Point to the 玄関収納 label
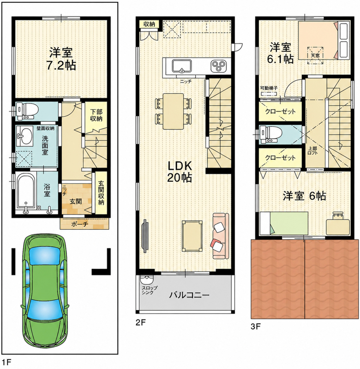click(101, 192)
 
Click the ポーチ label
click(79, 224)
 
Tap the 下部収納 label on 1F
click(96, 115)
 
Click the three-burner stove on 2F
click(218, 65)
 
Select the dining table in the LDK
click(173, 111)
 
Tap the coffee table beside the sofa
click(192, 236)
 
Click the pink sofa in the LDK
click(221, 236)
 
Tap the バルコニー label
click(189, 295)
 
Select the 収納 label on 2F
click(149, 24)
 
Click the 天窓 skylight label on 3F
click(315, 55)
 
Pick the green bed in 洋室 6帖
click(284, 223)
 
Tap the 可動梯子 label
click(269, 88)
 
